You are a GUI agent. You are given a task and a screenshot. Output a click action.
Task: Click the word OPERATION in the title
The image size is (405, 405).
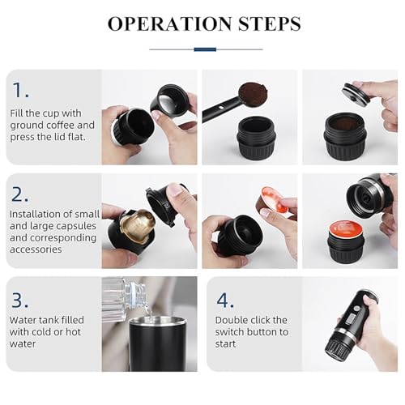tap(169, 23)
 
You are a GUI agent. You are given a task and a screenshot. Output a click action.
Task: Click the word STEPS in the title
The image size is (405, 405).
tap(270, 23)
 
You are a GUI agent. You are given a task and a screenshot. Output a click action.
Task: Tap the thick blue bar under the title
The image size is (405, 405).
tap(205, 49)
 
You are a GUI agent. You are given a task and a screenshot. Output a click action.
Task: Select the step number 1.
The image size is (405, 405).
tap(20, 90)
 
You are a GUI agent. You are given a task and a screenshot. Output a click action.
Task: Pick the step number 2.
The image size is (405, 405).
tap(20, 194)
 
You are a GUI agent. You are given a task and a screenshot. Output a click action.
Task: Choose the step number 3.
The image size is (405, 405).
tap(20, 300)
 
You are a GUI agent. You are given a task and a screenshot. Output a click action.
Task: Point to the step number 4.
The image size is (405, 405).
tap(225, 300)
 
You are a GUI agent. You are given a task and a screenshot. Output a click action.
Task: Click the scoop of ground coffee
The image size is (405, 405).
tap(254, 95)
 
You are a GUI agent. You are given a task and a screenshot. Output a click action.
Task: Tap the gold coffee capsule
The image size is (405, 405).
tap(138, 224)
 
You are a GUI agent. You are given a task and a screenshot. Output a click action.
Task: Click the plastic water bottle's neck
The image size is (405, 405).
tap(135, 293)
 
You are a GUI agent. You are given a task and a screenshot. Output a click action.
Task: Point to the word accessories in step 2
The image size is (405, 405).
tap(36, 249)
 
